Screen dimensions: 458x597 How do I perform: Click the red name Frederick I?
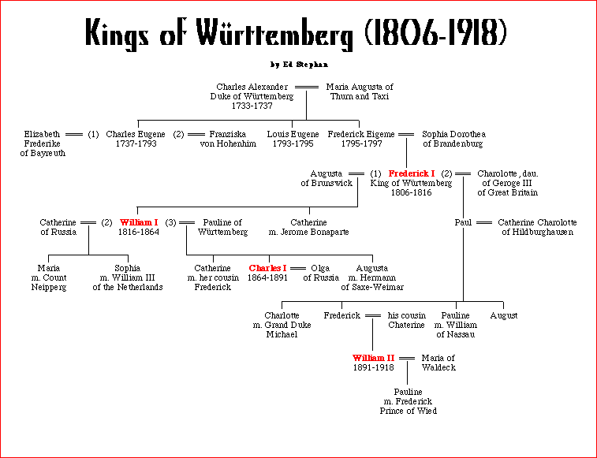point(411,173)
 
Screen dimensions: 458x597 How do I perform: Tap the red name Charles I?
point(268,268)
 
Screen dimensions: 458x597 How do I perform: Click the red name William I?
point(139,223)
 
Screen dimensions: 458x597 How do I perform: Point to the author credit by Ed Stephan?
point(298,65)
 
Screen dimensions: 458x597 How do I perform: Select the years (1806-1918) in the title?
point(436,33)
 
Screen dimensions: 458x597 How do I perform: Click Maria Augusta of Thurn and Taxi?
point(360,91)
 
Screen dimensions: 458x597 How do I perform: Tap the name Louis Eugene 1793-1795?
point(293,139)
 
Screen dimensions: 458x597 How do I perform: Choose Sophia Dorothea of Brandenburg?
point(453,139)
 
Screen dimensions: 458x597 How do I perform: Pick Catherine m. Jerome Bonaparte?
point(308,228)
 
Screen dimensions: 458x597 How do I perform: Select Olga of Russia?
point(321,272)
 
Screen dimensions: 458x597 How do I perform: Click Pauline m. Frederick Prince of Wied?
point(408,401)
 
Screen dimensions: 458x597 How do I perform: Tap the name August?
point(503,315)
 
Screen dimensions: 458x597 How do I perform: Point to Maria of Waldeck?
point(438,363)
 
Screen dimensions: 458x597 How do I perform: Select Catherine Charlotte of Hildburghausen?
point(537,228)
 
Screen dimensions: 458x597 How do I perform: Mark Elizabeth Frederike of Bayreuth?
point(42,143)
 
